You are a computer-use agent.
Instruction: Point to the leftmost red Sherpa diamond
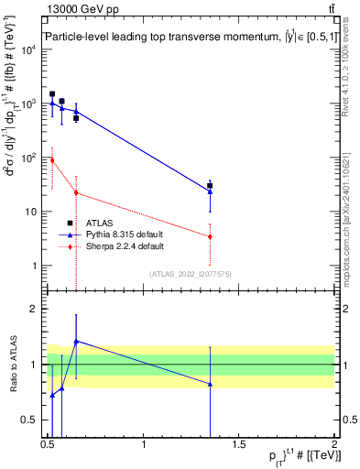point(52,160)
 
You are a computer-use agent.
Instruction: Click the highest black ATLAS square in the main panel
point(52,94)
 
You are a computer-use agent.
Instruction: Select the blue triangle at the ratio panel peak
point(76,341)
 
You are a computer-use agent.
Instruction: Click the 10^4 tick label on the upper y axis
point(30,49)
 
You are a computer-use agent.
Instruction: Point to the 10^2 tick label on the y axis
point(30,158)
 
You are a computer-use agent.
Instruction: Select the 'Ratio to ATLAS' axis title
point(13,365)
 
